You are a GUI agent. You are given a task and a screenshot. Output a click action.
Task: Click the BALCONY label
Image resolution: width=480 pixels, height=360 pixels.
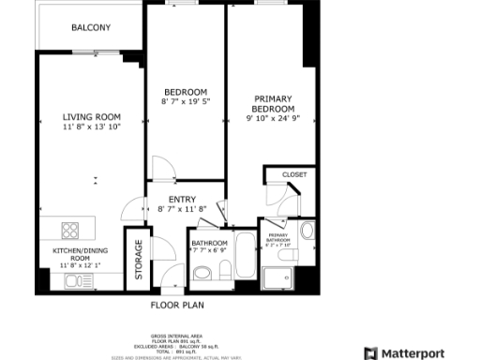pyautogui.click(x=91, y=28)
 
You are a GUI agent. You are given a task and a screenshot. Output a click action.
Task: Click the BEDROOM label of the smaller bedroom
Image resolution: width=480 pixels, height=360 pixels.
pyautogui.click(x=185, y=92)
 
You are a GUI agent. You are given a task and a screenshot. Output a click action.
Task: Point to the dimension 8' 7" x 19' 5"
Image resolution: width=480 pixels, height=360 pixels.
pyautogui.click(x=185, y=101)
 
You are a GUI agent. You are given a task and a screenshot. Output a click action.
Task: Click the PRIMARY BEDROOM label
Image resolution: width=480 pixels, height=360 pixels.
pyautogui.click(x=272, y=104)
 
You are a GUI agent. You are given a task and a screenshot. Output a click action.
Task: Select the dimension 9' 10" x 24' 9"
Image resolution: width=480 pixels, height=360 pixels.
pyautogui.click(x=272, y=119)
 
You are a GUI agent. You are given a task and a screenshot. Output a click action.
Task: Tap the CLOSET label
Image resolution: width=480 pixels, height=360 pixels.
pyautogui.click(x=294, y=174)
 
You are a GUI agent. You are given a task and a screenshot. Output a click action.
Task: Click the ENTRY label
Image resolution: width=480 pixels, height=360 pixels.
pyautogui.click(x=182, y=199)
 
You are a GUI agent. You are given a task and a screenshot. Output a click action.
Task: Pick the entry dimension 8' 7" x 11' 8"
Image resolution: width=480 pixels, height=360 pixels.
pyautogui.click(x=182, y=209)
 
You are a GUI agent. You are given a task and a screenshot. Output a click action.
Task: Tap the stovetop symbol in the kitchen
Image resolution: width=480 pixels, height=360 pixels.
pyautogui.click(x=71, y=229)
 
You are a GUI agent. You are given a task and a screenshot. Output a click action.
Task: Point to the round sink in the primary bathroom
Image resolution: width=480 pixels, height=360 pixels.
pyautogui.click(x=307, y=232)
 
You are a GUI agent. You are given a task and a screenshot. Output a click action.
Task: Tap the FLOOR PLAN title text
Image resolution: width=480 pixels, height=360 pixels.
pyautogui.click(x=177, y=305)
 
